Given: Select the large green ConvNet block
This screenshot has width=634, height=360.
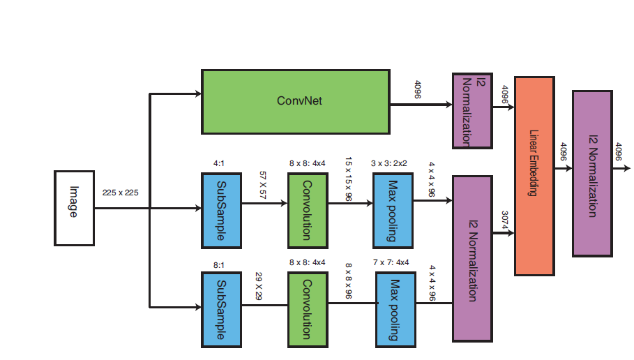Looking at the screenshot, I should (295, 101).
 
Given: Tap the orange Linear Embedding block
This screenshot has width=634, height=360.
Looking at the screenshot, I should (534, 175).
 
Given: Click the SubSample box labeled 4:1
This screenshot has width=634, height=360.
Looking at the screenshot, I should (221, 210).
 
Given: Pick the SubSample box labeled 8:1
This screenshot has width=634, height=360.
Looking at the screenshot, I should (221, 310).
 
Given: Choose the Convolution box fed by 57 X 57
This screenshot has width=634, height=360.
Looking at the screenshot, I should (307, 210).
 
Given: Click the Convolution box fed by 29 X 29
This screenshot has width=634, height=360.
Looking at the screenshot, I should (307, 310).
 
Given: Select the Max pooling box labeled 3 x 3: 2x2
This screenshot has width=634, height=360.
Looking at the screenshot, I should (393, 210).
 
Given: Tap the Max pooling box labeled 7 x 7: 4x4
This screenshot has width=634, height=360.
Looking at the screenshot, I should (394, 310).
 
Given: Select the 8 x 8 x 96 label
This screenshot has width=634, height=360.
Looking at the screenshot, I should (347, 280).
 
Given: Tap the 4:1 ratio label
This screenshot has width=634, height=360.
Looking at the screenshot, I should (219, 163).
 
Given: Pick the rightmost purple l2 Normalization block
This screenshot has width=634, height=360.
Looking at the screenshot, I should (592, 172).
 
